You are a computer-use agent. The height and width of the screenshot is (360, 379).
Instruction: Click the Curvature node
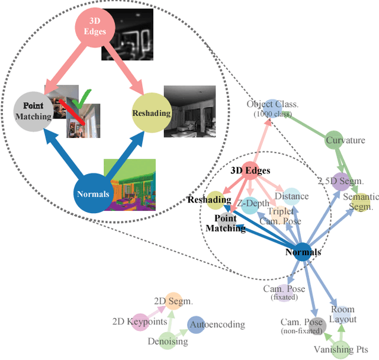tap(334, 140)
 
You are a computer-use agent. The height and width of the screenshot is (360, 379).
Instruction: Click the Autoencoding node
tap(197, 324)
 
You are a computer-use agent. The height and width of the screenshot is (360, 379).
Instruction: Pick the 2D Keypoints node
tap(140, 322)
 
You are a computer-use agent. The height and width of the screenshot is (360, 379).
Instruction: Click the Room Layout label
tap(343, 314)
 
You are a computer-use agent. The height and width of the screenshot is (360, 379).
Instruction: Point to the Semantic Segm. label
tap(361, 201)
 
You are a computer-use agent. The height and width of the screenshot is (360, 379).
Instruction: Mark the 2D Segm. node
tap(174, 301)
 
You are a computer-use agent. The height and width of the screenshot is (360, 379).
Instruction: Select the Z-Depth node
tap(249, 204)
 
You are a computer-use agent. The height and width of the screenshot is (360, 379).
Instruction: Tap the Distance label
tap(291, 196)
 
